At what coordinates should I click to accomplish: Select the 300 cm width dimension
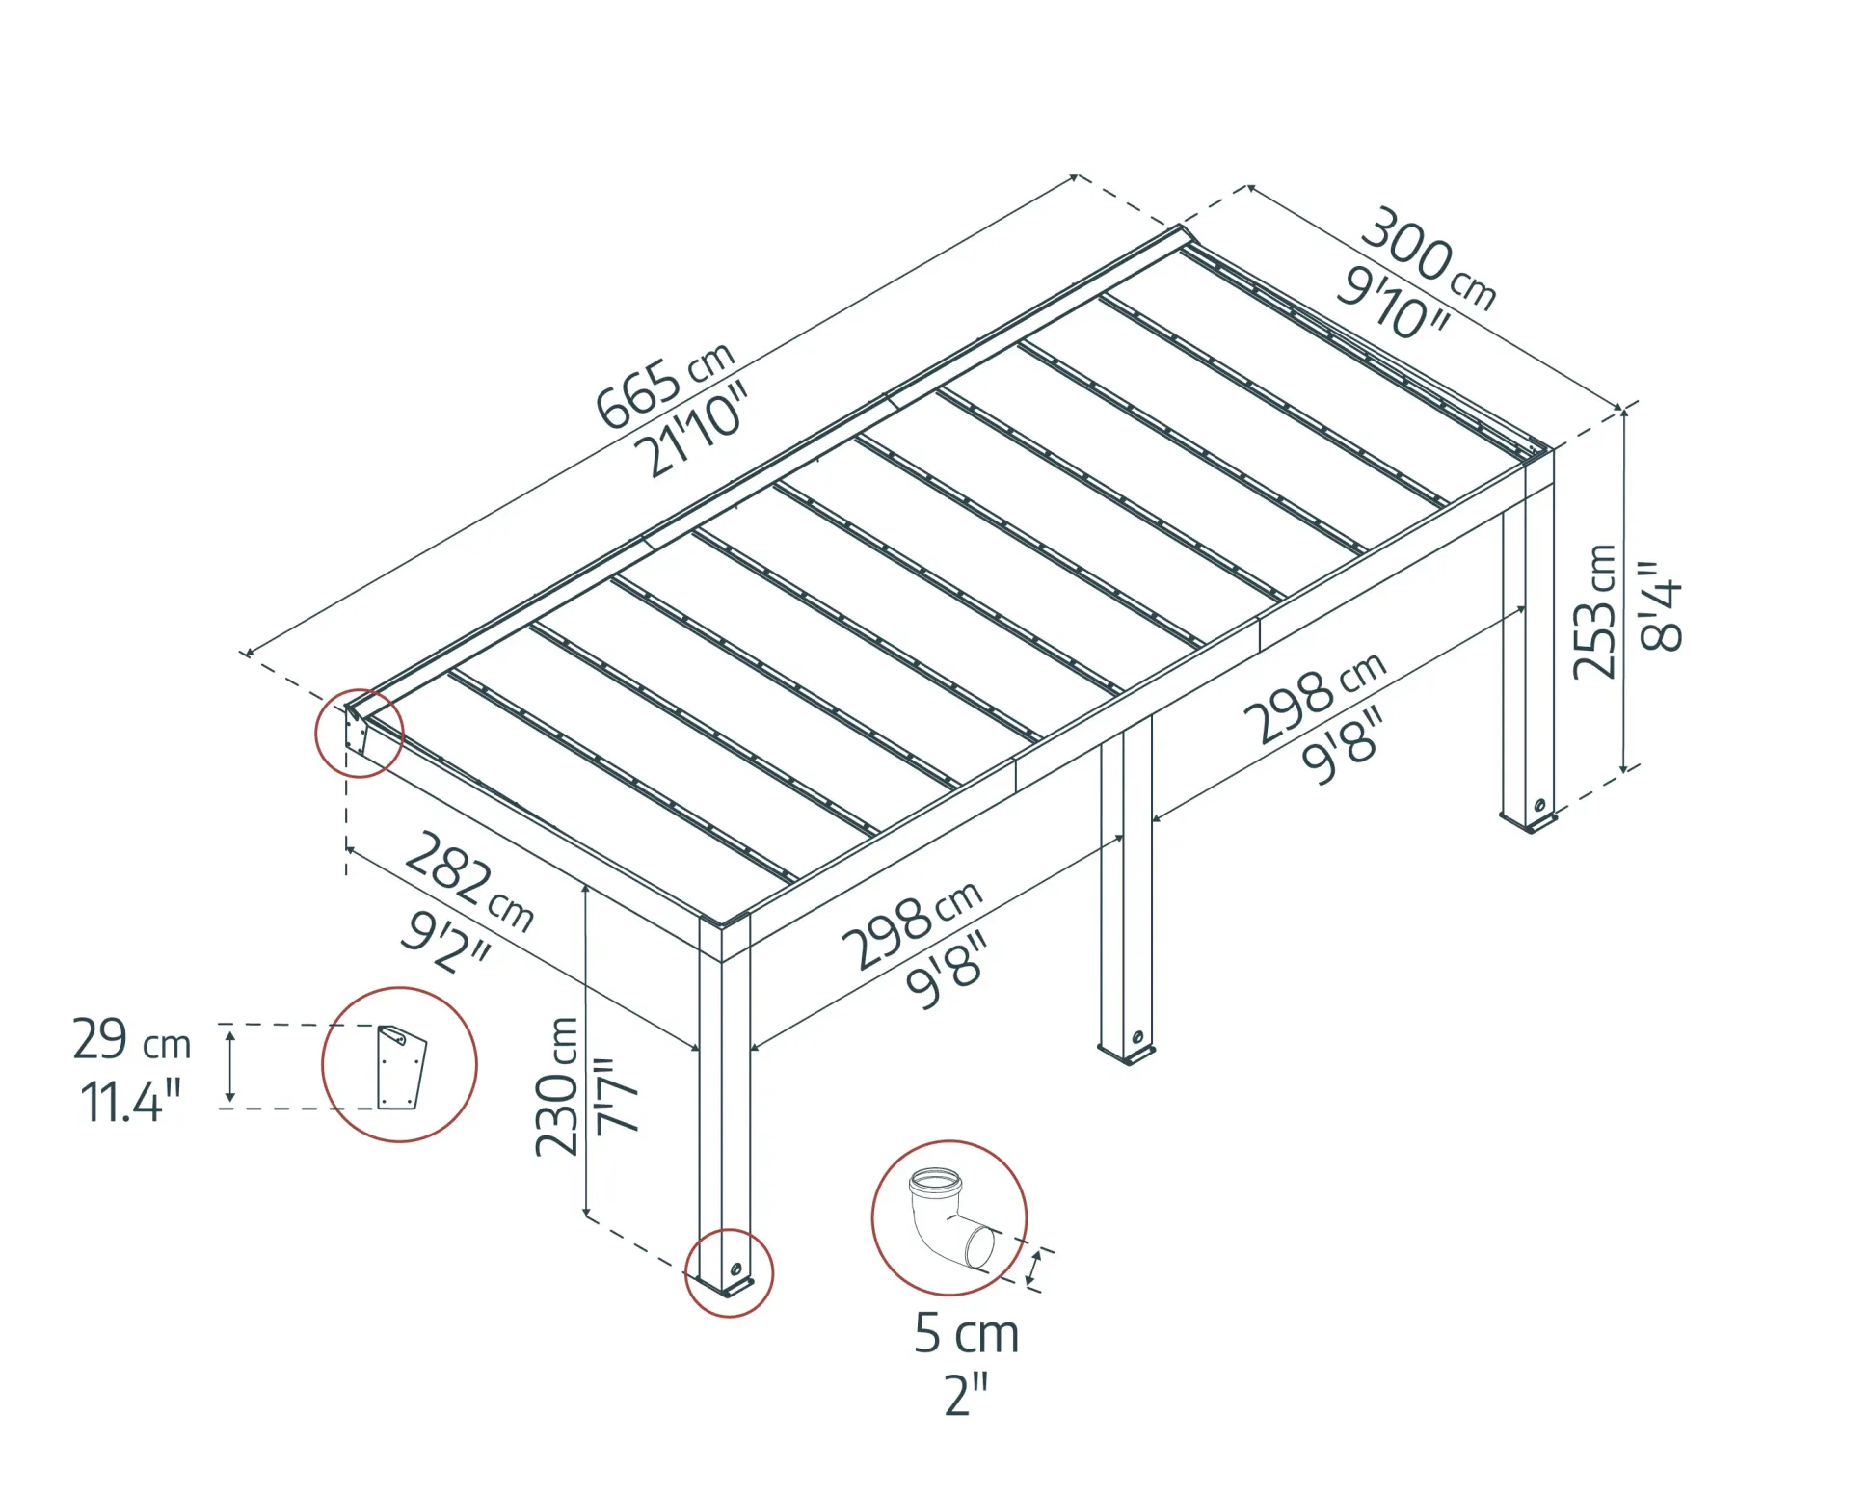point(1428,258)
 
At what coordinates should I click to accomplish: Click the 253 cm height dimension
point(1594,612)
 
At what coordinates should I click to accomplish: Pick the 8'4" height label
point(1661,606)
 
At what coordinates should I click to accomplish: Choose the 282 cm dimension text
point(469,882)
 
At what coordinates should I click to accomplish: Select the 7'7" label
point(617,1096)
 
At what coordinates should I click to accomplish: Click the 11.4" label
point(130,1102)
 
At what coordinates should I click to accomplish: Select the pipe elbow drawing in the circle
point(949,1219)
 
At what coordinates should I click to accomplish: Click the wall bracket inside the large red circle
point(401,1068)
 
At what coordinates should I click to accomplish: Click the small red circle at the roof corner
point(360,734)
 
